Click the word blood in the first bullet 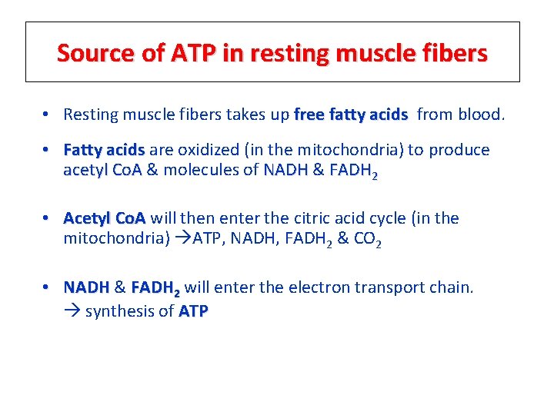tap(479, 115)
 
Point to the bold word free tap(309, 115)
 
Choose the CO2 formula tap(368, 240)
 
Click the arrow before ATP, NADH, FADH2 tap(182, 238)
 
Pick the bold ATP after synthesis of tap(193, 311)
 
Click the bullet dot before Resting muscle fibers tap(48, 115)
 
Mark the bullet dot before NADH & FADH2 tap(48, 287)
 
